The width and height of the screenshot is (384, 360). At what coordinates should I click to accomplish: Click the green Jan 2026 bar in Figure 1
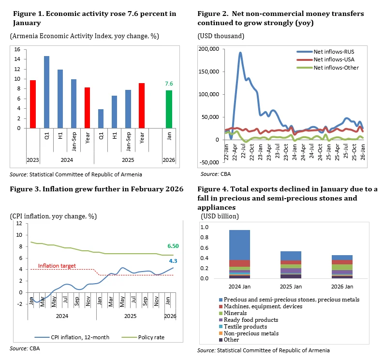(x=169, y=109)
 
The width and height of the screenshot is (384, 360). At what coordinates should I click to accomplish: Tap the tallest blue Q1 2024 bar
(x=46, y=92)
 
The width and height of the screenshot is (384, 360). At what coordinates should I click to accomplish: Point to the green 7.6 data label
(x=169, y=84)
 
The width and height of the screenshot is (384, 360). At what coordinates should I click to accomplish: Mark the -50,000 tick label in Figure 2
(x=209, y=163)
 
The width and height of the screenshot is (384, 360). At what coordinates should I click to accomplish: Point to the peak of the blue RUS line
(x=240, y=53)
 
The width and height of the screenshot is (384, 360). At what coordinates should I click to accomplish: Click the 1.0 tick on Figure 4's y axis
(x=205, y=227)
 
